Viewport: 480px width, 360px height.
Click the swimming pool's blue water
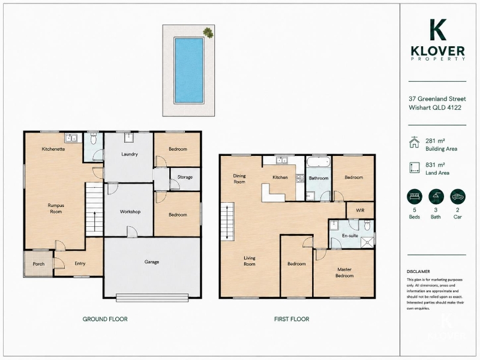[x=188, y=70]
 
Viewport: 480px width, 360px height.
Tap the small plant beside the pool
[x=208, y=32]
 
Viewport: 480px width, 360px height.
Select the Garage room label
[x=152, y=262]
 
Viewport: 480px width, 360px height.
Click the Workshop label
[x=130, y=212]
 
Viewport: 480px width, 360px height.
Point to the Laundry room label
[x=130, y=154]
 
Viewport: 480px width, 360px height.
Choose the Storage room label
[x=185, y=177]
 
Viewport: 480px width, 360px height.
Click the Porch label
[x=38, y=264]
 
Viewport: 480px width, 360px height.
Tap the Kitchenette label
[x=53, y=149]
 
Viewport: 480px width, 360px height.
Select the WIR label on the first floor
[x=360, y=211]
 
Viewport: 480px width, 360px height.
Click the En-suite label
[x=350, y=236]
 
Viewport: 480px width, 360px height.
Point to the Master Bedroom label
[x=344, y=272]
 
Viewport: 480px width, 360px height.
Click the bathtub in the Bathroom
[x=319, y=162]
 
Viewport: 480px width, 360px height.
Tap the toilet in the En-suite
[x=367, y=226]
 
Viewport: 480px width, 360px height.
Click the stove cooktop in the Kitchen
[x=300, y=178]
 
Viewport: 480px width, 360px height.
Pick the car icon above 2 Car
[x=458, y=197]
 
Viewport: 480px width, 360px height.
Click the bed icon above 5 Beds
[x=415, y=197]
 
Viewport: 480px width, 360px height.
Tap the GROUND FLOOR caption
[x=105, y=319]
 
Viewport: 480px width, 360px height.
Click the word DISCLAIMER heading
[x=418, y=272]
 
